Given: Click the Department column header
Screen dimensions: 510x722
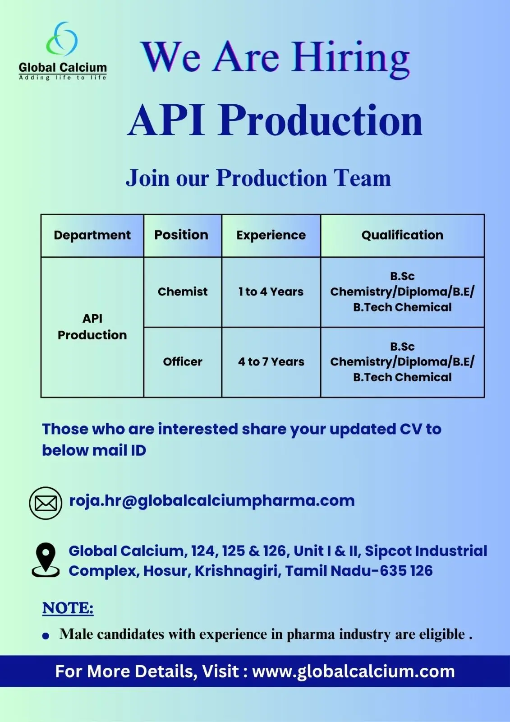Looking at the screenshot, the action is click(x=92, y=235).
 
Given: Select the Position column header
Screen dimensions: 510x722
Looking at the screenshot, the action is click(x=181, y=235).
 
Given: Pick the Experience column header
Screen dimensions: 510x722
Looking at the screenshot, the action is click(x=271, y=235).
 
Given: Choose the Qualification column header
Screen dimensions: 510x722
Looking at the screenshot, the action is click(x=402, y=235).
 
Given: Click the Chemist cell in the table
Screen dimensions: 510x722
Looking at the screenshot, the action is click(x=183, y=292).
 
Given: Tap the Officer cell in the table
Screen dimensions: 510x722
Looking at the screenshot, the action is click(x=183, y=361).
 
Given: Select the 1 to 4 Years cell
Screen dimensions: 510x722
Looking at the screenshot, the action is click(x=271, y=292).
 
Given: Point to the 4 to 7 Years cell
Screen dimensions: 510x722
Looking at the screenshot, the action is click(x=271, y=361).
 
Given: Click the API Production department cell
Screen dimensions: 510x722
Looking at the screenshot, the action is click(x=92, y=327).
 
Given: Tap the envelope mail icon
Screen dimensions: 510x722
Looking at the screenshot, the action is click(x=46, y=503).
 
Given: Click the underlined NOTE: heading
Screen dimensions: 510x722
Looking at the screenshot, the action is click(x=68, y=608).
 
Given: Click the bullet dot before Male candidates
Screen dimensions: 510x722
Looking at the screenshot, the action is click(x=46, y=636).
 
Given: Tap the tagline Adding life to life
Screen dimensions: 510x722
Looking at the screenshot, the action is click(x=63, y=77).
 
